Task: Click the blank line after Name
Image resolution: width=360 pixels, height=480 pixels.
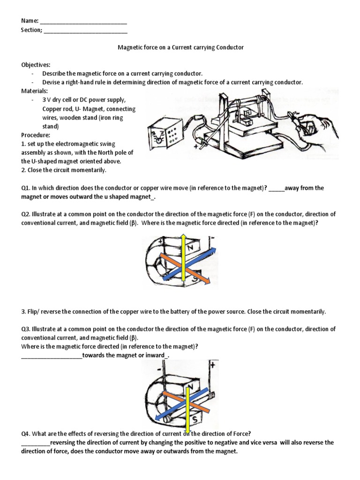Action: point(83,22)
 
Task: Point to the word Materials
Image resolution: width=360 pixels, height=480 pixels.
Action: point(34,91)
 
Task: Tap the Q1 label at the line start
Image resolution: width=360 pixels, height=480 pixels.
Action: point(25,188)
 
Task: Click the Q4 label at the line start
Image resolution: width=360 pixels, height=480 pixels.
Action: point(25,434)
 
